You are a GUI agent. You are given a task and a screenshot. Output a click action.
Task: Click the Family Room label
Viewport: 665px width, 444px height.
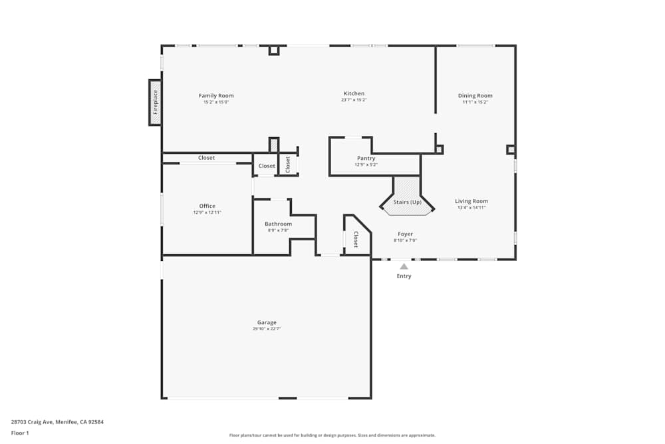pos(216,96)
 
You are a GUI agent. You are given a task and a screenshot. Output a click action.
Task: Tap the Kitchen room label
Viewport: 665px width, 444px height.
pos(354,94)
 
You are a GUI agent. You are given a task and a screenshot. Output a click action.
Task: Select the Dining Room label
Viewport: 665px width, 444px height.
pos(475,96)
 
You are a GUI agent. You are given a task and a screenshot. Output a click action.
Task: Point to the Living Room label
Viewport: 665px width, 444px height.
pos(471,201)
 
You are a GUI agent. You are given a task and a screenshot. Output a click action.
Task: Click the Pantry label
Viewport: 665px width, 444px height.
pos(366,158)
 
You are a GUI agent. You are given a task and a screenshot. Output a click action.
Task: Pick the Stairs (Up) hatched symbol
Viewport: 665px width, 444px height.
pos(407,196)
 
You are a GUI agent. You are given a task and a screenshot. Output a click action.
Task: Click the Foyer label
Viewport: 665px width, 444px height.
pos(405,234)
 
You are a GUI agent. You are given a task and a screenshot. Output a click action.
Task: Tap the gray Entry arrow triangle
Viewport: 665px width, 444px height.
pos(404,266)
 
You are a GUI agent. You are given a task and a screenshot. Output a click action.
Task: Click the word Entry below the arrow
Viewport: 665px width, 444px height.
pos(404,276)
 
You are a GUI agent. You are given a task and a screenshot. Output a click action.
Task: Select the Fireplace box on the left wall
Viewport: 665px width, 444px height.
pos(155,103)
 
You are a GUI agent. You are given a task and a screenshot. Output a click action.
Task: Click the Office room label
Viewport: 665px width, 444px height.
pos(207,206)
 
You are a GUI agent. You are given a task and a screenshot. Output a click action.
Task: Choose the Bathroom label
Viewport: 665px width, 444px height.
pos(278,224)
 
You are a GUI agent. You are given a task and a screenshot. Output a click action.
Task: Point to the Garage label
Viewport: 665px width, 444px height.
pos(267,323)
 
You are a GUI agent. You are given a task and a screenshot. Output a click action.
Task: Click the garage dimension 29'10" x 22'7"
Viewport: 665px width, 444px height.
pos(267,330)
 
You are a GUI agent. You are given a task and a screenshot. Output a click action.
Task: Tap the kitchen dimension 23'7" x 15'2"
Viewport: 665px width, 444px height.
pos(354,101)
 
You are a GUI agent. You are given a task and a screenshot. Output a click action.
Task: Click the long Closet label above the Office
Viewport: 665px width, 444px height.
pos(206,158)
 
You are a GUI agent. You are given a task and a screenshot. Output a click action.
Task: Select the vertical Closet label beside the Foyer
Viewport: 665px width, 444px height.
pos(356,240)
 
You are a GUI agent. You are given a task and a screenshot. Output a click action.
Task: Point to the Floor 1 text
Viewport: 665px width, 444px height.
pos(20,433)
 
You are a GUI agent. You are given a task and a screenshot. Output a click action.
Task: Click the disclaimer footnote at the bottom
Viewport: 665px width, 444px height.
pos(332,435)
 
